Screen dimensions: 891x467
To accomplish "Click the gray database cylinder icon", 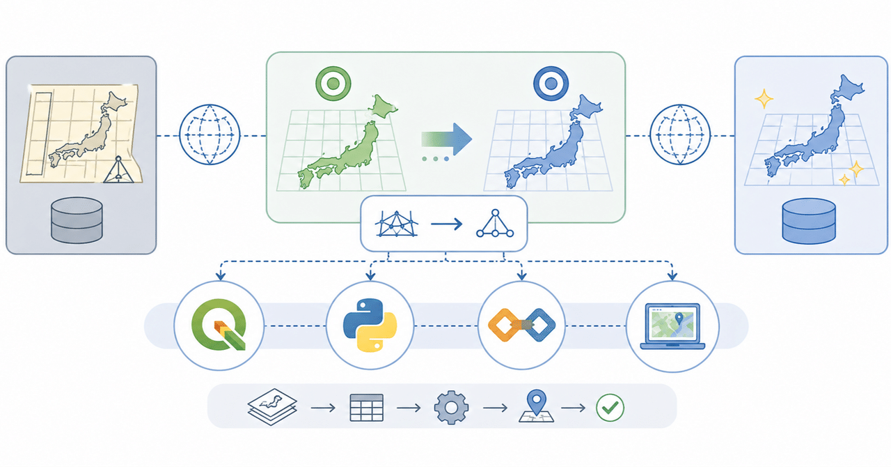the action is [x=77, y=220].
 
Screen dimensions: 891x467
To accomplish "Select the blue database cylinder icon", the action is [x=808, y=220].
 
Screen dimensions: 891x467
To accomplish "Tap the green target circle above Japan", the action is [x=332, y=84].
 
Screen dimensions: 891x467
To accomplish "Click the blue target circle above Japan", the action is [x=551, y=84].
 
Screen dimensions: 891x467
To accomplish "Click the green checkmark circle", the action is [x=610, y=407].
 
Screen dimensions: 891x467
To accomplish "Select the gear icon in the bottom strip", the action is [x=450, y=407].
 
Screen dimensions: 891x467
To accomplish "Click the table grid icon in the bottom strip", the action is [x=365, y=407].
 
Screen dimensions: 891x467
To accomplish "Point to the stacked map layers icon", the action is [x=273, y=407].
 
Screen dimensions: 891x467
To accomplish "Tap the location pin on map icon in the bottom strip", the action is [x=535, y=406].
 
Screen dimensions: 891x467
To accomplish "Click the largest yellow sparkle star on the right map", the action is [x=764, y=99].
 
